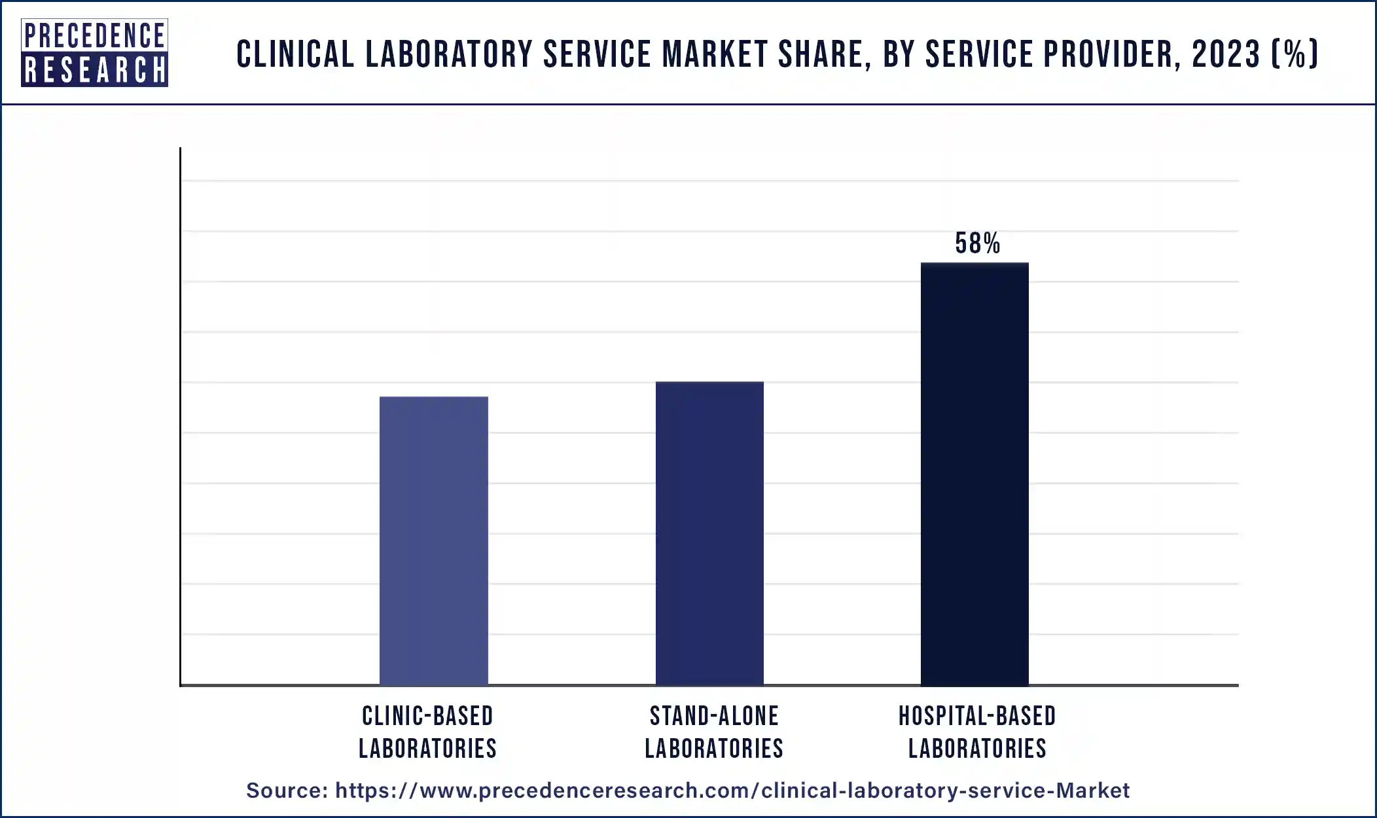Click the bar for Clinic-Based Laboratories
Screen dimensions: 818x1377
(433, 541)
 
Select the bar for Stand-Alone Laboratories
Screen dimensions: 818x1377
(709, 533)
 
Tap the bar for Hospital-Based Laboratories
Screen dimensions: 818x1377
(975, 474)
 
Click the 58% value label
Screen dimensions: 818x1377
(977, 244)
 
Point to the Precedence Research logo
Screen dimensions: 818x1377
(94, 53)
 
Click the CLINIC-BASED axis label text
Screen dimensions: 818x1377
(427, 717)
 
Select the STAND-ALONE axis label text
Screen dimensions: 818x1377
(714, 717)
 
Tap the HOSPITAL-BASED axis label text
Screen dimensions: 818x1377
(977, 717)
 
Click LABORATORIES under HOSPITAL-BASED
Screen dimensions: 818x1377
(977, 749)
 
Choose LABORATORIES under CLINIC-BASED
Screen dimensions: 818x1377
(427, 749)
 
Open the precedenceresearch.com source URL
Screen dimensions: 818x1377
(732, 791)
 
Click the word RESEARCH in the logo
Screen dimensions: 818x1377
(94, 71)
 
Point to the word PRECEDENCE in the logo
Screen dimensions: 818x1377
(94, 35)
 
